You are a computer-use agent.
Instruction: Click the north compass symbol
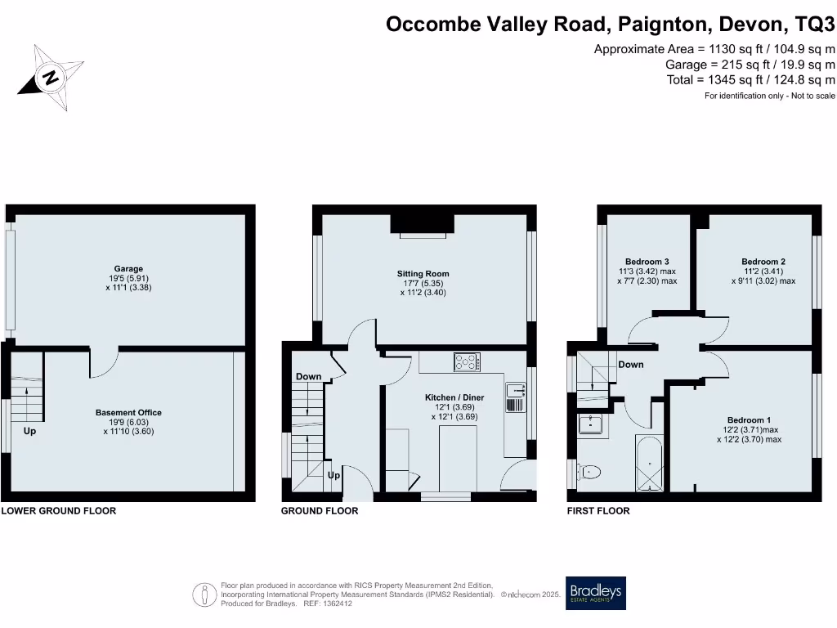click(x=51, y=78)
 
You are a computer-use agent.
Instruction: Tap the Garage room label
click(x=128, y=268)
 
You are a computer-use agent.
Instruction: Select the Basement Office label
click(x=128, y=413)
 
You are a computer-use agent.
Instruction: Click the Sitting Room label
click(x=423, y=274)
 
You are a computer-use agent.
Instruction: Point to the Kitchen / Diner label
click(x=454, y=397)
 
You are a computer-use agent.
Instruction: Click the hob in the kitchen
click(x=468, y=362)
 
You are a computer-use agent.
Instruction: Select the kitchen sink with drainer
click(x=514, y=397)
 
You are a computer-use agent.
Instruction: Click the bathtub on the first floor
click(x=650, y=464)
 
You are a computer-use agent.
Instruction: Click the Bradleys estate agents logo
click(x=595, y=593)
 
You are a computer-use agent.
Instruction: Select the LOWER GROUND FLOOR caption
click(x=59, y=511)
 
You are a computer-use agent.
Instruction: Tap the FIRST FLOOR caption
click(x=598, y=511)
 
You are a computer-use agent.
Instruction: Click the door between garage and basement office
click(x=105, y=362)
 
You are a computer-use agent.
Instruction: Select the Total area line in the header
click(x=751, y=79)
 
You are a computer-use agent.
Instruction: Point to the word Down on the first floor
click(x=630, y=365)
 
